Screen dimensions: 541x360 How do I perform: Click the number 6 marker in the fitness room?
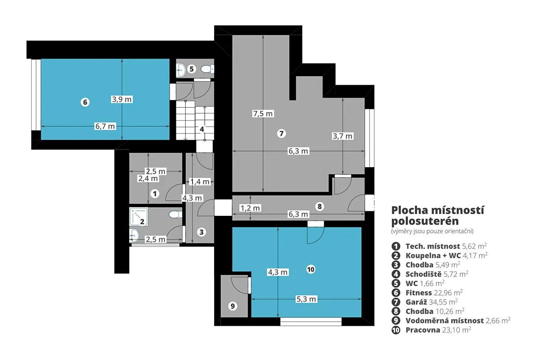pos(85,102)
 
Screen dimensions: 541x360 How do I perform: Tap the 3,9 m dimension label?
pos(122,99)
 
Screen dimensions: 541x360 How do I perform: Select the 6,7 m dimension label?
pos(105,126)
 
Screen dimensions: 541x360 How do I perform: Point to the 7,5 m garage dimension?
pos(263,114)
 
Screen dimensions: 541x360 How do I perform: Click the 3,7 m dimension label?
pos(343,136)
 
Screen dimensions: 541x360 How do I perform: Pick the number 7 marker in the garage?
pos(281,133)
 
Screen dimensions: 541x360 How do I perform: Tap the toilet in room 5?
pos(207,69)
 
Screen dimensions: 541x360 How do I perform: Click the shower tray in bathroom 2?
pos(139,217)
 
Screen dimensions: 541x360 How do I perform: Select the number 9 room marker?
pos(233,306)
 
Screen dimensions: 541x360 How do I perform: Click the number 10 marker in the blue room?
pos(311,269)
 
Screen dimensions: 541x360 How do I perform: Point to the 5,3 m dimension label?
pos(306,299)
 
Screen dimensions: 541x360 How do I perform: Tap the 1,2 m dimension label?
pos(250,208)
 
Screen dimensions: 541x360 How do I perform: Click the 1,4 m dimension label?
pos(199,182)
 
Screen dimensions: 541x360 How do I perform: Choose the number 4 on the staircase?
pos(202,129)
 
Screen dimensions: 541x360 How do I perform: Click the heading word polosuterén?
pos(425,221)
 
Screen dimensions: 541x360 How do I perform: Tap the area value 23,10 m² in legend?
pos(456,330)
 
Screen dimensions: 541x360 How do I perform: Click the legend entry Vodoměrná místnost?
pos(445,321)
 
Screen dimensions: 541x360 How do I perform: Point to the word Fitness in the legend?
pos(418,293)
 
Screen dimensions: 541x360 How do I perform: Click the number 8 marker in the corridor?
pos(320,206)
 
